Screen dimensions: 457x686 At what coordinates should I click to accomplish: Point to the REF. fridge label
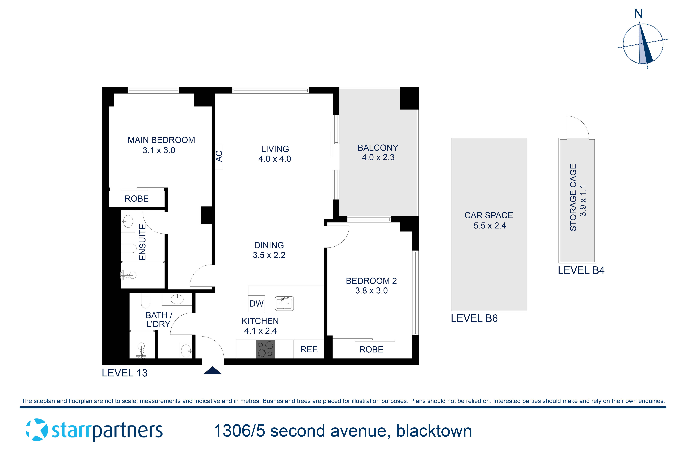309,349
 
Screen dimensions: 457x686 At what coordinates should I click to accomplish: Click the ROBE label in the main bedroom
137,199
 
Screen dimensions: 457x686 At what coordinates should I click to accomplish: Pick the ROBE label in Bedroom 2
371,349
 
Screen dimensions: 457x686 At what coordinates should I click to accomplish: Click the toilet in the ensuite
129,248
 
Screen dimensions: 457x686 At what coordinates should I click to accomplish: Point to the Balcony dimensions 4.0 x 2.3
378,157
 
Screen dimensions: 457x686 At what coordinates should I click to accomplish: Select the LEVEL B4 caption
581,270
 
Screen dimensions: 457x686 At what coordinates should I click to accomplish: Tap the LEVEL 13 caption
125,373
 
